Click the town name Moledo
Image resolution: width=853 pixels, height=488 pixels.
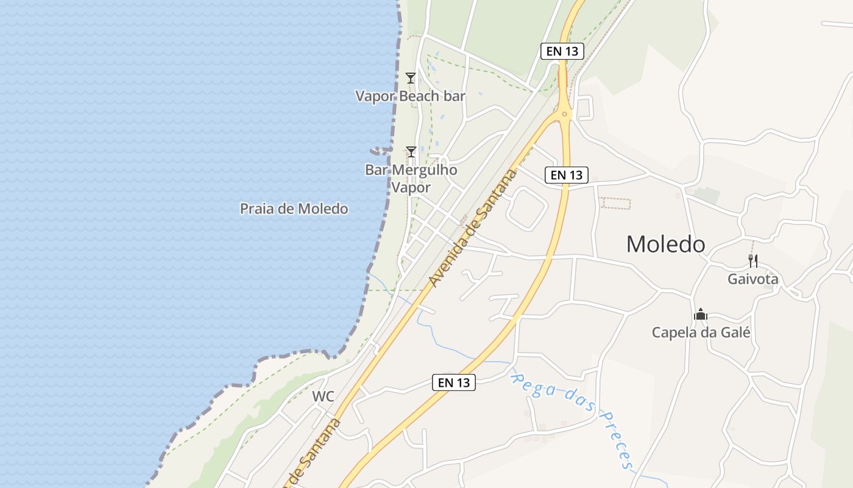(665, 245)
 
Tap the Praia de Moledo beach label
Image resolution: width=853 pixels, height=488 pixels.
(294, 209)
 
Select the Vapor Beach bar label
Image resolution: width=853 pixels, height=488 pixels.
(410, 96)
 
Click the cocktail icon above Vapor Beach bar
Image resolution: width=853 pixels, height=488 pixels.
(411, 78)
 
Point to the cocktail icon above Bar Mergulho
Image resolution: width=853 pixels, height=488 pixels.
(411, 151)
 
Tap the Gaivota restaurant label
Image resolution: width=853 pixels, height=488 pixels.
(752, 279)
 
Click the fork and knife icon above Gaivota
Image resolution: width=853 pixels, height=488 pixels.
(753, 261)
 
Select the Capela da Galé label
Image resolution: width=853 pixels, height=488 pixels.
(701, 333)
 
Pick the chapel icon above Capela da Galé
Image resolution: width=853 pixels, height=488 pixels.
(701, 315)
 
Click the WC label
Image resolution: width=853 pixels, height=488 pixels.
(323, 396)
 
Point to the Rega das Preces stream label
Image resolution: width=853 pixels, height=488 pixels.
(573, 418)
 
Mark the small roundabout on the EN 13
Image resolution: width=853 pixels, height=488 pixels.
(565, 113)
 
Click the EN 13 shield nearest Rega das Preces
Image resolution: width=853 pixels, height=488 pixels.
(454, 382)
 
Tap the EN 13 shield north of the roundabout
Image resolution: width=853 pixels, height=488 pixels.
(562, 51)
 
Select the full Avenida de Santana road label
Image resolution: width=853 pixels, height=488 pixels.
(473, 229)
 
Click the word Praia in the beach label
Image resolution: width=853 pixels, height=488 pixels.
(257, 209)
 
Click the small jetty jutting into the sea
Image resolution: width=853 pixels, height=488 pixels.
(379, 150)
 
